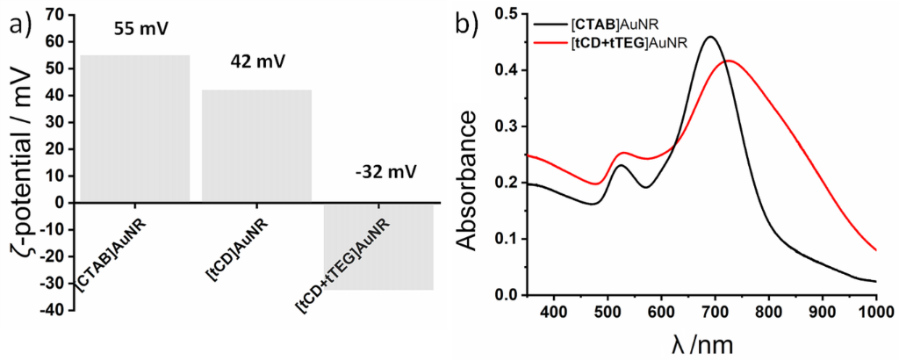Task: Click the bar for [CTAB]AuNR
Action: coord(134,128)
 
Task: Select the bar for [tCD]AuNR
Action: coord(256,146)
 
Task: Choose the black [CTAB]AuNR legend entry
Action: coord(606,22)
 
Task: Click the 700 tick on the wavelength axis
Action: coord(716,311)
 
